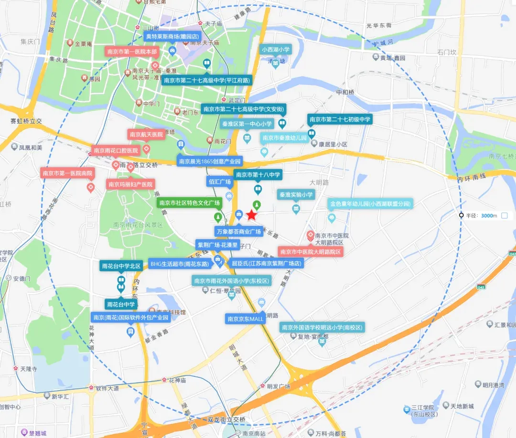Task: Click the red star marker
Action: click(x=252, y=215)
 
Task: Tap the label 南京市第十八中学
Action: click(x=258, y=175)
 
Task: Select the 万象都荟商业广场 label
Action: click(x=239, y=231)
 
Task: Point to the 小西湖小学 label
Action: click(x=276, y=49)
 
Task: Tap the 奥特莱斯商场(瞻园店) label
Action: click(x=172, y=36)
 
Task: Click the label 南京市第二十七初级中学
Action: click(x=340, y=119)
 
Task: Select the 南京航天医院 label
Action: click(x=146, y=134)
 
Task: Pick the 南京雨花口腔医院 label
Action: click(x=116, y=150)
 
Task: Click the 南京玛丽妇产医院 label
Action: click(x=130, y=184)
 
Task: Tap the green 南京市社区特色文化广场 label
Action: click(x=190, y=203)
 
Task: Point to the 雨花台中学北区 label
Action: click(x=121, y=266)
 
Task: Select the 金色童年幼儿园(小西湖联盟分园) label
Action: click(x=370, y=204)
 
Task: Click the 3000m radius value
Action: click(x=489, y=215)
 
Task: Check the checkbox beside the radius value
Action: click(x=504, y=215)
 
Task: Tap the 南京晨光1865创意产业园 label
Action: click(x=210, y=161)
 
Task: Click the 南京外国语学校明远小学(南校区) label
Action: click(x=322, y=327)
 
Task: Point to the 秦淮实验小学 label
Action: click(x=296, y=194)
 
